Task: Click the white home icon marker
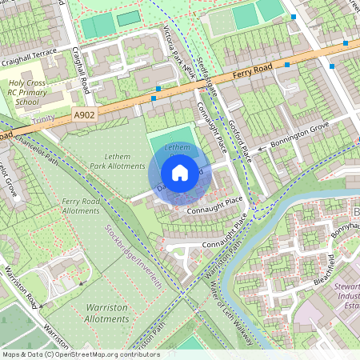(180, 173)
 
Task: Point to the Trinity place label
(43, 120)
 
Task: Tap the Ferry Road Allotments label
(81, 206)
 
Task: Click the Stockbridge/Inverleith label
(133, 256)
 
